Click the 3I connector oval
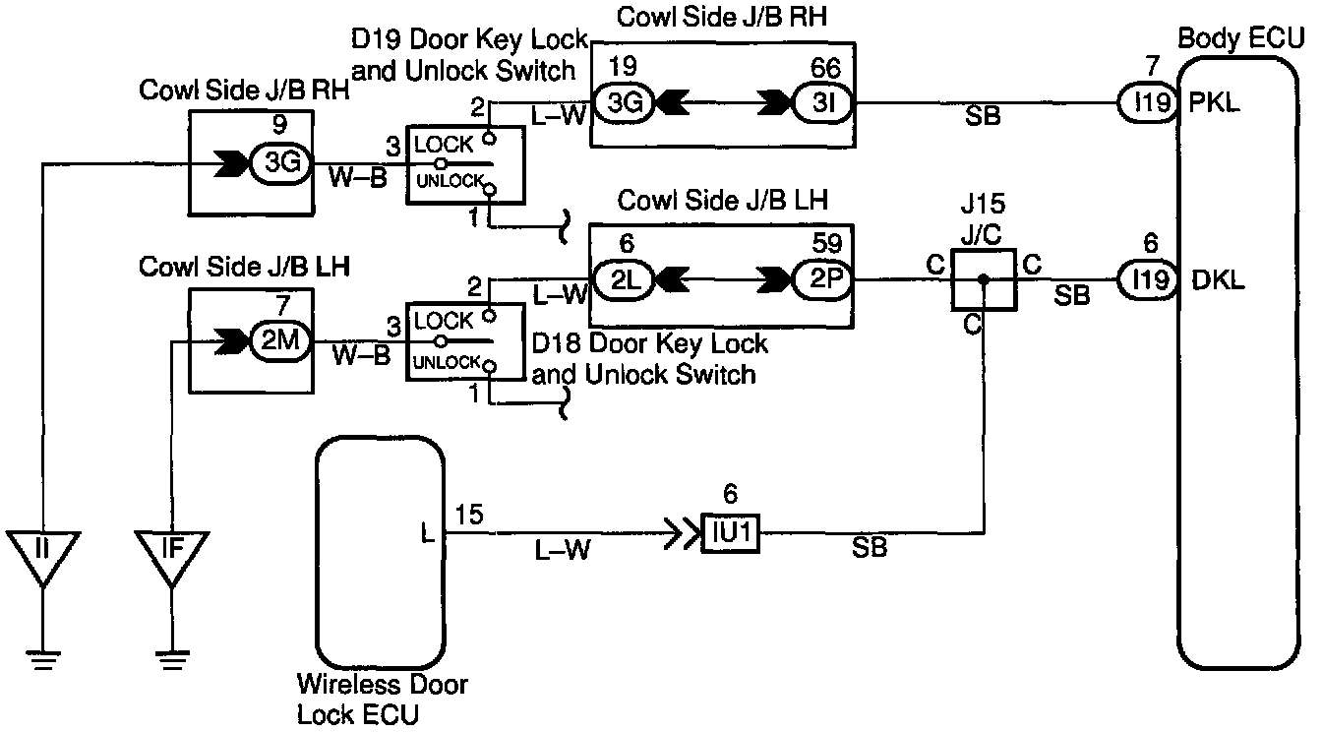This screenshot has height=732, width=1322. click(822, 103)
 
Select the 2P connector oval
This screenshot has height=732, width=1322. click(824, 279)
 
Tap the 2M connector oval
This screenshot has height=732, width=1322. click(281, 340)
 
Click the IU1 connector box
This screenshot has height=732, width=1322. click(730, 533)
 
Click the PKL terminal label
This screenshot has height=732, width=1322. click(1214, 103)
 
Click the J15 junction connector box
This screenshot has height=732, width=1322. click(984, 279)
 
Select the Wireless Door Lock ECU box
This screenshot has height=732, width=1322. click(380, 553)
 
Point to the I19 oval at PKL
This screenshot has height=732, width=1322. click(1148, 102)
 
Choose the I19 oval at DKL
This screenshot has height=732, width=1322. click(1148, 279)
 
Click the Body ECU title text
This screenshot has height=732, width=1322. click(1240, 39)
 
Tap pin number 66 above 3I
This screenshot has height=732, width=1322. click(825, 69)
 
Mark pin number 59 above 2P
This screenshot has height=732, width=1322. click(827, 243)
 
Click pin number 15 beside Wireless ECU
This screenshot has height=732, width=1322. click(468, 515)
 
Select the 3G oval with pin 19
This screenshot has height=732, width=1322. click(624, 103)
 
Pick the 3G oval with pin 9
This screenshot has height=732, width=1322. click(281, 163)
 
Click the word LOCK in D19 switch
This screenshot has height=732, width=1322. click(444, 144)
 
